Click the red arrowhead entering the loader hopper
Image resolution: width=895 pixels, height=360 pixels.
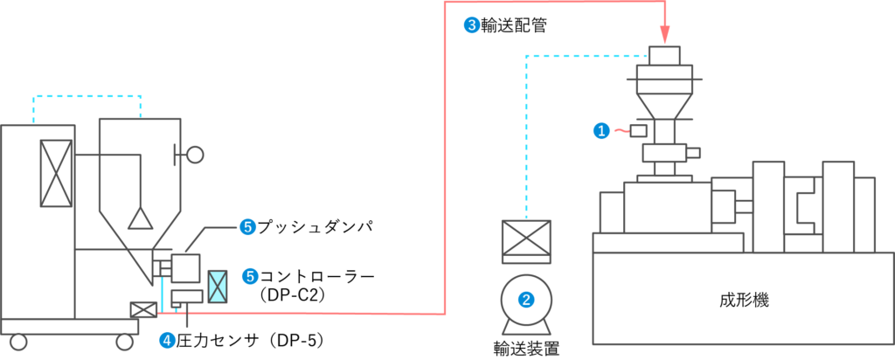664,35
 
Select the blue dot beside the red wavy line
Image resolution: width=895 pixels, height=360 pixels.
601,131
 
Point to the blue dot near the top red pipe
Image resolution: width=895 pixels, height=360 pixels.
472,25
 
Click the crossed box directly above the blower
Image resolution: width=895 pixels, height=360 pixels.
526,238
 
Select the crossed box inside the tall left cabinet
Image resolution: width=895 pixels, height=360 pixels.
57,173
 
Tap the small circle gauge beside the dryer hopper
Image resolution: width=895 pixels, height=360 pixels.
195,155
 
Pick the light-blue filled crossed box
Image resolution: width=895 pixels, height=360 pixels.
217,286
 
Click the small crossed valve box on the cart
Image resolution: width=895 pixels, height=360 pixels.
142,308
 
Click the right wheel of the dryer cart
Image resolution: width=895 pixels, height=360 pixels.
125,343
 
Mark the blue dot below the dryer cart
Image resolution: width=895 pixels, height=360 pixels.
168,339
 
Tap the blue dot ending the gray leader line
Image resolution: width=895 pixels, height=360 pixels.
248,227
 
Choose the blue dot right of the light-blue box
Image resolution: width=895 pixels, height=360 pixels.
251,276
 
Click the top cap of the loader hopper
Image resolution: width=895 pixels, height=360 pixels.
664,56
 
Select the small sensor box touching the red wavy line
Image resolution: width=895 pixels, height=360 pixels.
639,130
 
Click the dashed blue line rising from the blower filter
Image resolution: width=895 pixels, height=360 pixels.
526,131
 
